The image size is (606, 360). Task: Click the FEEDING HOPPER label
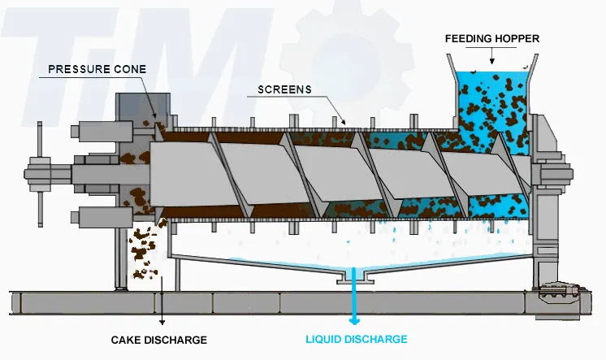[492, 38]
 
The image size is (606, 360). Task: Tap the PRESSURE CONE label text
[97, 70]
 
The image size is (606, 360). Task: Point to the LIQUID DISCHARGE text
[356, 339]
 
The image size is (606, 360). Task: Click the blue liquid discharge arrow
[354, 304]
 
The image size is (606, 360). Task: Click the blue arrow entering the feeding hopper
[491, 56]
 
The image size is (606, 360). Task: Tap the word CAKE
[125, 339]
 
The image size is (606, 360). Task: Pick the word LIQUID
[326, 339]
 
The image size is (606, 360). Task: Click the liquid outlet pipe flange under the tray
[354, 278]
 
